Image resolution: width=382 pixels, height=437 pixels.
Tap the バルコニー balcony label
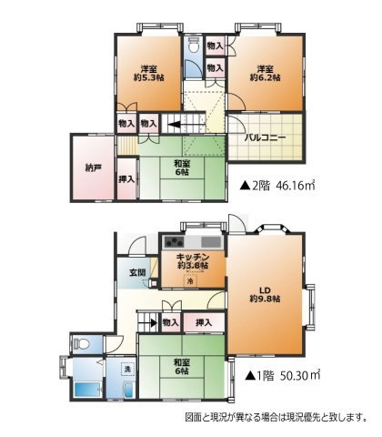pyautogui.click(x=266, y=139)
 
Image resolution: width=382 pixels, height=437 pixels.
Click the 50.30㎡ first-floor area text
pyautogui.click(x=296, y=374)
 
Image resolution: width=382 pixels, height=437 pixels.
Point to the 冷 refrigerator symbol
pyautogui.click(x=190, y=283)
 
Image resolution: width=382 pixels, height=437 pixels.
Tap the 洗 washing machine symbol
pyautogui.click(x=128, y=370)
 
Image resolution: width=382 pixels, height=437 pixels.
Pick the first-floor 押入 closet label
pyautogui.click(x=203, y=322)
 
